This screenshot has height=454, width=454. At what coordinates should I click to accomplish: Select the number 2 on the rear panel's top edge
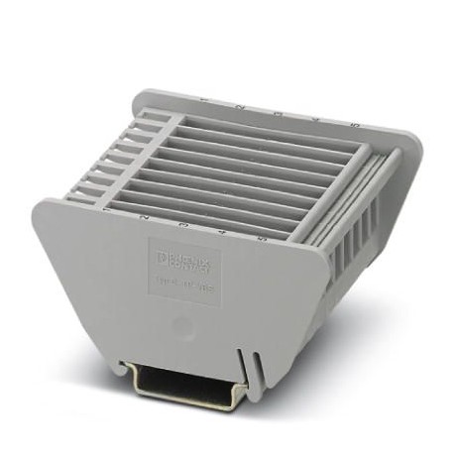tap(240, 105)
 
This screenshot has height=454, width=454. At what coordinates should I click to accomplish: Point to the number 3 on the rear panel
tap(279, 112)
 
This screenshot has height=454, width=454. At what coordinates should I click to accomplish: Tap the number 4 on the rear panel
tap(315, 118)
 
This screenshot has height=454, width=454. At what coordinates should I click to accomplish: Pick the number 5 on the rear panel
tap(352, 125)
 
